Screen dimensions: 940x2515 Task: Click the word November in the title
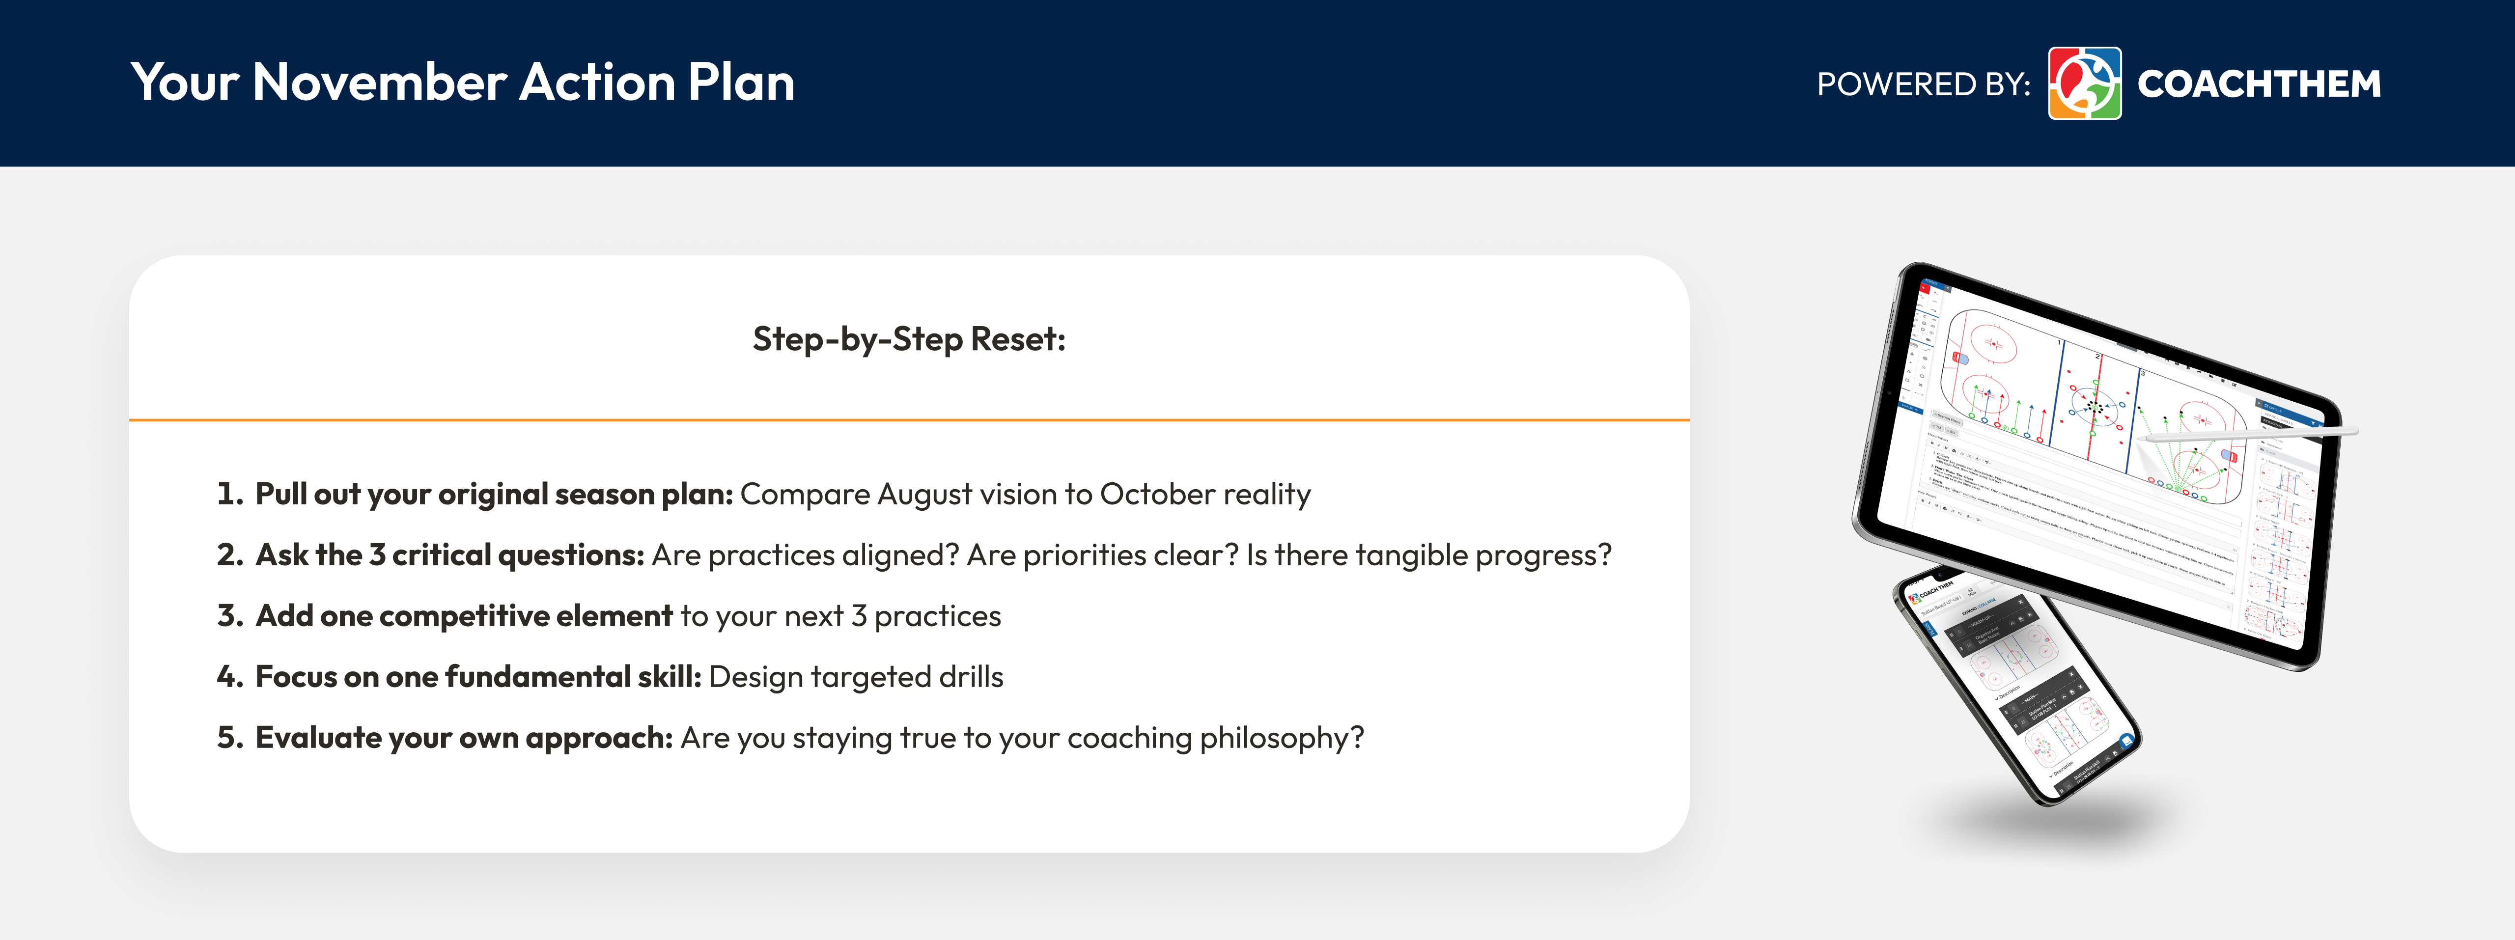coord(381,83)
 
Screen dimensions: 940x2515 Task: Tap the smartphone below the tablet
coord(2016,688)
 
